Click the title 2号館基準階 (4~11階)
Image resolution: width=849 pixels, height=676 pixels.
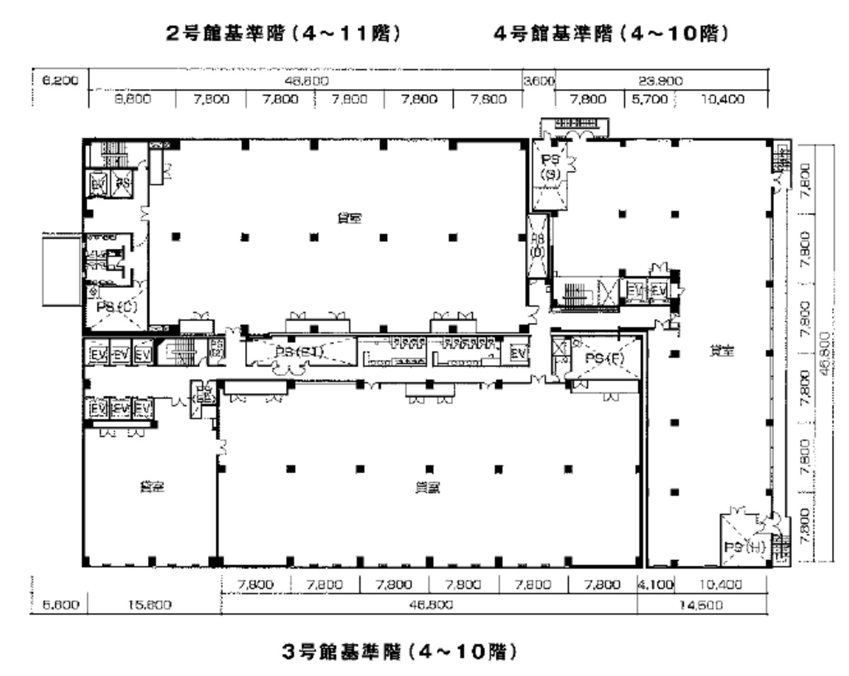point(283,34)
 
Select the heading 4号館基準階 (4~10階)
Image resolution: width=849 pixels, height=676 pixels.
point(611,34)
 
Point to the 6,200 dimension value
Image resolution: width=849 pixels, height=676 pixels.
point(57,81)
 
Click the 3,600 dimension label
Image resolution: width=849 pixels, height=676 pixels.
point(538,81)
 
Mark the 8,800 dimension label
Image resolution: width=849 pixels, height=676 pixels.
point(132,100)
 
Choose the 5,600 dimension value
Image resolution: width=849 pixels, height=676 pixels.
point(57,605)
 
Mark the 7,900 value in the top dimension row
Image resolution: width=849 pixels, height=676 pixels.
point(348,100)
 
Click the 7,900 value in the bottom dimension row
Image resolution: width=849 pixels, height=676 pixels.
point(463,585)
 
